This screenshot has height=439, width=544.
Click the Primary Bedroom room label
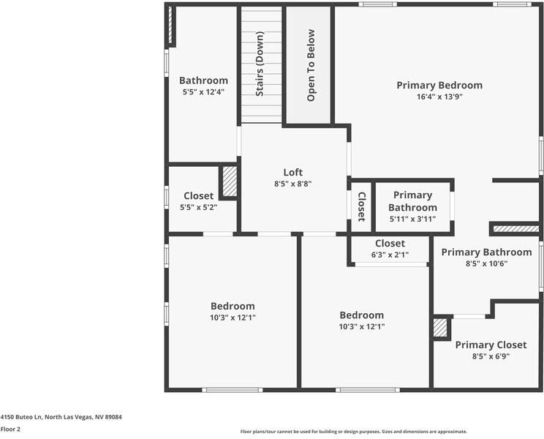point(439,85)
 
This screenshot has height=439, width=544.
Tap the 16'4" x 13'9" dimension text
point(439,96)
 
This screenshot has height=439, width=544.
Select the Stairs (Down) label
point(260,65)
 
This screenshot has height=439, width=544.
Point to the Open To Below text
point(311,65)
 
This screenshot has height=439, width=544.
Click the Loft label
point(293,173)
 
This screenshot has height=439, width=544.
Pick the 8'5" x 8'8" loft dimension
point(293,184)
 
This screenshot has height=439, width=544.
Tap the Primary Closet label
point(491,345)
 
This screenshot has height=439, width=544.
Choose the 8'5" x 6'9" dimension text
point(491,356)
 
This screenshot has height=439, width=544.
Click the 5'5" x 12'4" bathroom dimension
point(203,92)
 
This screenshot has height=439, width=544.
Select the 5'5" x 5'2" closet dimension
point(199,207)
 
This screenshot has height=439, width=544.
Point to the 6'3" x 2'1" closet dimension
point(390,255)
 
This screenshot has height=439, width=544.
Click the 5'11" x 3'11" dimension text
point(412,219)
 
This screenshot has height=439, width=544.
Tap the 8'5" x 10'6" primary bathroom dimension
point(486,263)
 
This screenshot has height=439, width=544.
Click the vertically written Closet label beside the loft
point(361,206)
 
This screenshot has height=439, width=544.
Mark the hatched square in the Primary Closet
point(441,327)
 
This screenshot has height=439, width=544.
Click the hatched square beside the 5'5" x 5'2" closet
point(230,181)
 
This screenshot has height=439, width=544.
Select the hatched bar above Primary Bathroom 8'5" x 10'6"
point(515,229)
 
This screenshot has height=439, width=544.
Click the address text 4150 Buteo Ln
point(61,417)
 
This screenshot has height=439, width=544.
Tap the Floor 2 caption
point(10,429)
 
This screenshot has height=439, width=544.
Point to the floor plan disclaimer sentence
point(354,432)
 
